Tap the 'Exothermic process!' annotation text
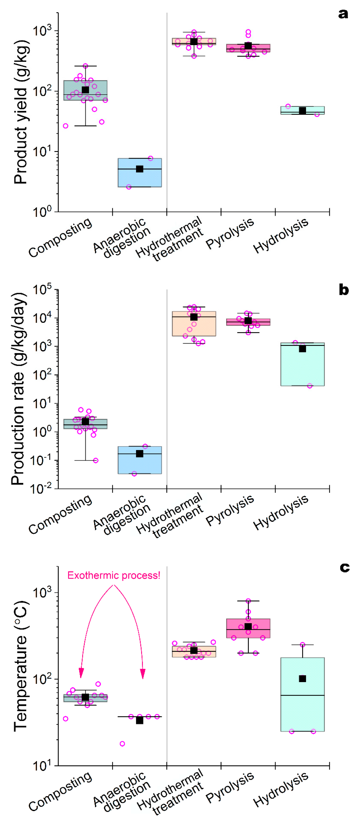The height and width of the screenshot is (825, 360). tap(114, 576)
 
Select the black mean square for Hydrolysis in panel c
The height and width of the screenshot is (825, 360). tap(302, 679)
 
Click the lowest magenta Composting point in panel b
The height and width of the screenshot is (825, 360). tap(95, 461)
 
